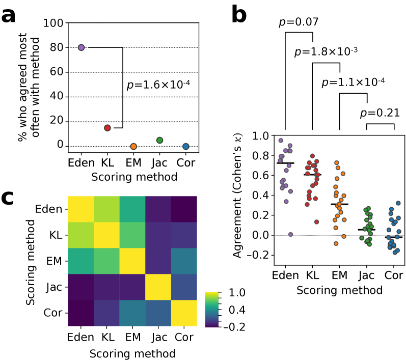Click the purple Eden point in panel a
point(82,47)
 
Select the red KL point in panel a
point(107,128)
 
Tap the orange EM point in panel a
point(133,146)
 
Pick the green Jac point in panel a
point(159,140)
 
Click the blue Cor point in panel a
point(186,146)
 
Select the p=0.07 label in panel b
point(299,22)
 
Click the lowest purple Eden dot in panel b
point(290,234)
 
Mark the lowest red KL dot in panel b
point(316,222)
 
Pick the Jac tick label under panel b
point(366,275)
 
